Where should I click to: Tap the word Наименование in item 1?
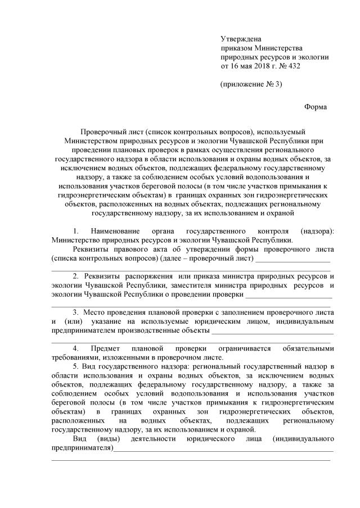(x=117, y=232)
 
